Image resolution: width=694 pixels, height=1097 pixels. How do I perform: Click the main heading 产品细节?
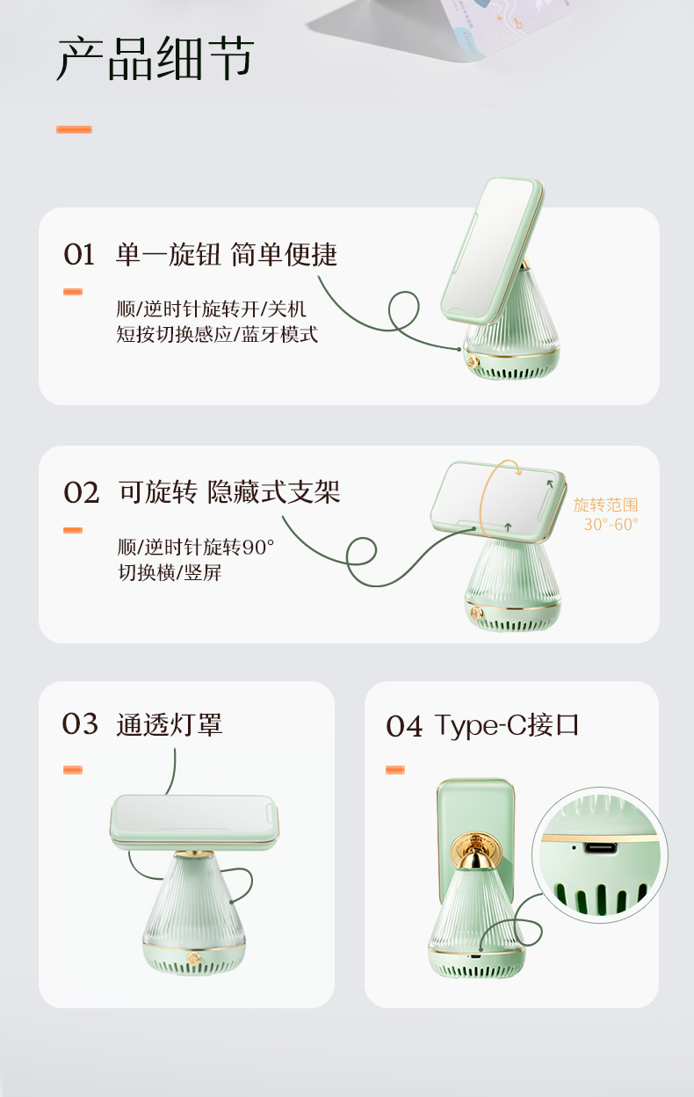coord(155,58)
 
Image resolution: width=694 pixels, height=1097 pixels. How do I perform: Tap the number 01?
coord(79,255)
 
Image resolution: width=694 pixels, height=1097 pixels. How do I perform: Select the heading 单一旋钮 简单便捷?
coord(227,255)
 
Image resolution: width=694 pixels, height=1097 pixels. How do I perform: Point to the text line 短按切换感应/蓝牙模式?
coord(217,335)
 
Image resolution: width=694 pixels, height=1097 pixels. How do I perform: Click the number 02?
coord(81,492)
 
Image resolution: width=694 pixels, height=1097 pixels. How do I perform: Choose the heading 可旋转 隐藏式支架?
coord(229,492)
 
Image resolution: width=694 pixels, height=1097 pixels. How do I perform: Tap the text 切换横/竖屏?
coord(170,572)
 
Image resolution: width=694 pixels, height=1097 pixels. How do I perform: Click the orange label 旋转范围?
coord(605,505)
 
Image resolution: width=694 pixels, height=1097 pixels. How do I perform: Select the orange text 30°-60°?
coord(611,525)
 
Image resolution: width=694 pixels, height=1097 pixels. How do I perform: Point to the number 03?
coord(80,724)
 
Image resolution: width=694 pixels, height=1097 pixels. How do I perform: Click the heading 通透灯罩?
coord(170,725)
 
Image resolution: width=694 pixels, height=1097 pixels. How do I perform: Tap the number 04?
coord(404,726)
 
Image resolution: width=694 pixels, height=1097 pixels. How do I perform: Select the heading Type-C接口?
coord(506,725)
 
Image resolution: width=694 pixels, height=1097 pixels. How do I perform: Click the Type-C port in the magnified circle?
coord(600,847)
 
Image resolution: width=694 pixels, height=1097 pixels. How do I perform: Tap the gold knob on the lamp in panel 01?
coord(473,362)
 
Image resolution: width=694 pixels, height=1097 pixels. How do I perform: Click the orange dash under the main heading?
coord(74,129)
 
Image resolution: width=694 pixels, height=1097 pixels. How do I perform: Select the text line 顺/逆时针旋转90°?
coord(196,547)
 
